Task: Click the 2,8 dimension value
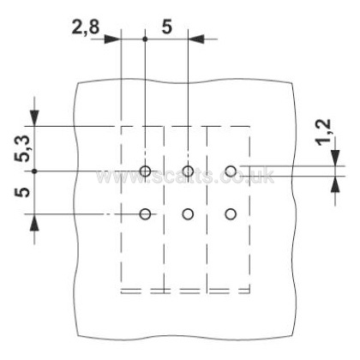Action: click(85, 27)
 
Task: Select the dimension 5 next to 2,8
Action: click(167, 27)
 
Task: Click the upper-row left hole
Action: click(145, 171)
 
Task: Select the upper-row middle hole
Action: click(188, 171)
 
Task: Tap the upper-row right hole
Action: click(231, 171)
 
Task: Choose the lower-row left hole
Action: click(145, 214)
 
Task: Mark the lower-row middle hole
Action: click(188, 214)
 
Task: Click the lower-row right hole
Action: click(231, 214)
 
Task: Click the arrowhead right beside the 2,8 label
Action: click(112, 39)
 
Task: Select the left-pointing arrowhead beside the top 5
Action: click(196, 39)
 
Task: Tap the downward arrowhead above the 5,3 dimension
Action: click(34, 118)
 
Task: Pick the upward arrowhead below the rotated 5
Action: click(34, 222)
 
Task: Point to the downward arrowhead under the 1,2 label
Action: click(335, 158)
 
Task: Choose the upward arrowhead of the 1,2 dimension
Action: click(335, 183)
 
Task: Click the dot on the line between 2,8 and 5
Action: click(145, 39)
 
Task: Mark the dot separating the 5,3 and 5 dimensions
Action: click(34, 171)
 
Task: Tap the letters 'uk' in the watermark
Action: click(265, 175)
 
